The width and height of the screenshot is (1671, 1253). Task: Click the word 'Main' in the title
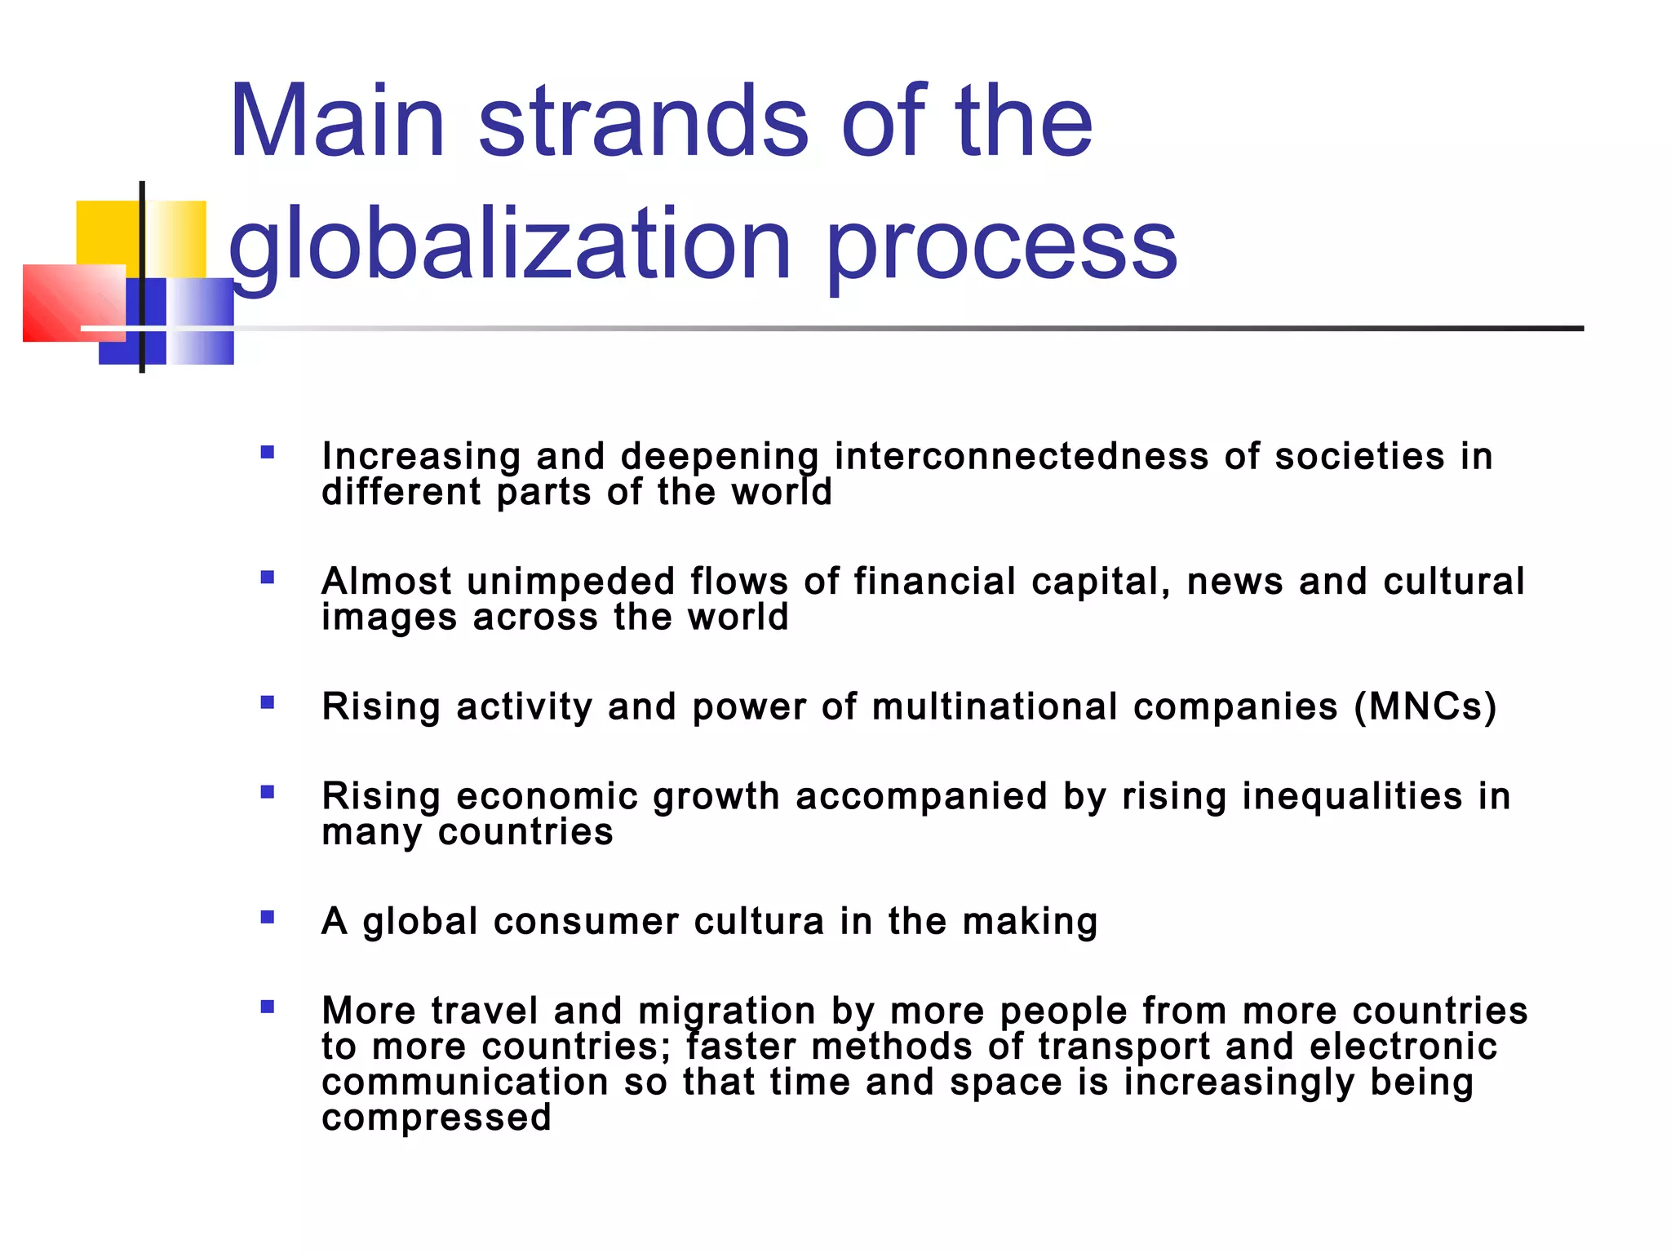pyautogui.click(x=337, y=122)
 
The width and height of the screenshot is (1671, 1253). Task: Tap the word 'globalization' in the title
pyautogui.click(x=509, y=245)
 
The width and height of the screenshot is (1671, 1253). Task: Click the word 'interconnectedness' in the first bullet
pyautogui.click(x=1021, y=456)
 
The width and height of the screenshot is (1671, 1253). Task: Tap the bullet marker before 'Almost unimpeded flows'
pyautogui.click(x=268, y=578)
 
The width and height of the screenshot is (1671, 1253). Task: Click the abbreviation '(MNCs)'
pyautogui.click(x=1425, y=706)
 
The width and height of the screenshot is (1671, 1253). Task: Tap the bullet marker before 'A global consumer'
pyautogui.click(x=268, y=917)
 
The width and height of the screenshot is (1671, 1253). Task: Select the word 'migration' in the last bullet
pyautogui.click(x=727, y=1012)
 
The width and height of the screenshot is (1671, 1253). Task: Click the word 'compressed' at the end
pyautogui.click(x=437, y=1118)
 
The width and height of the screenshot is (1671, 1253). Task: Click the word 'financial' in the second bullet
pyautogui.click(x=934, y=582)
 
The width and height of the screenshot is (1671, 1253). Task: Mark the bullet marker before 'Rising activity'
pyautogui.click(x=268, y=702)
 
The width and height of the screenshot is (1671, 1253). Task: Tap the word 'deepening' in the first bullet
pyautogui.click(x=720, y=458)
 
